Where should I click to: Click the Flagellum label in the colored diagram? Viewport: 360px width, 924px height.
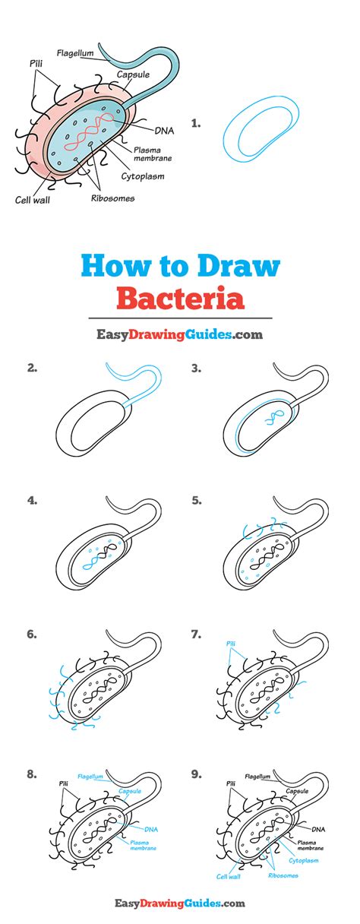point(75,53)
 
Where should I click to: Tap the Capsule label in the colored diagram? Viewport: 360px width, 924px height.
point(133,74)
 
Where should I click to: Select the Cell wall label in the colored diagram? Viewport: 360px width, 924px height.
point(32,200)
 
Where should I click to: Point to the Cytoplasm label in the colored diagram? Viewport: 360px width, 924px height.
point(143,176)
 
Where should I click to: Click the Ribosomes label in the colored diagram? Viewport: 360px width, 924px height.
point(112,198)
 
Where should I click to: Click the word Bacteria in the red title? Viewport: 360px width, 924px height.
point(181,298)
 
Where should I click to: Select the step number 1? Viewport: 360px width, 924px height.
point(196,123)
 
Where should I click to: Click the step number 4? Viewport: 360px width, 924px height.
point(32,501)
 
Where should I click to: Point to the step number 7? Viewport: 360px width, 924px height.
point(196,634)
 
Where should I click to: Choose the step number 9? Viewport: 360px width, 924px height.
point(196,774)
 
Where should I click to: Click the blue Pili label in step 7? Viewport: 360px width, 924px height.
point(231,644)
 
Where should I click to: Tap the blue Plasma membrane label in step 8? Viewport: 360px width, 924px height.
point(143,846)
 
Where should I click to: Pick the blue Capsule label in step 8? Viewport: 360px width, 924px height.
point(130,791)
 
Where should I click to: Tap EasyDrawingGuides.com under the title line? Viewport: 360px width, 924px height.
point(180,334)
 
